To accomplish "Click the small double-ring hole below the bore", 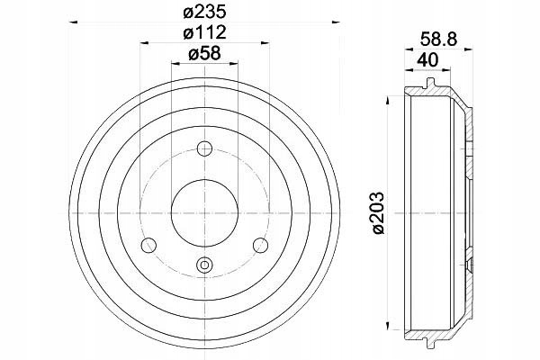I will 204,265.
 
